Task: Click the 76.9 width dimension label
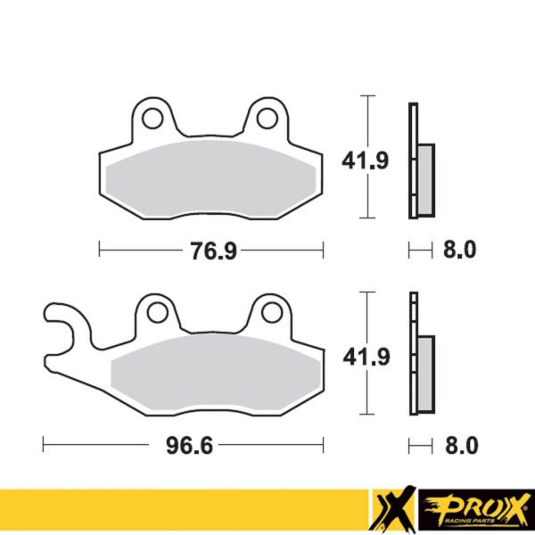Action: click(211, 251)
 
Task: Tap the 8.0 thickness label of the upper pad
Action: click(459, 251)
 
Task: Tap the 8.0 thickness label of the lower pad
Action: click(459, 444)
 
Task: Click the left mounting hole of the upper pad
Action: click(152, 117)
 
